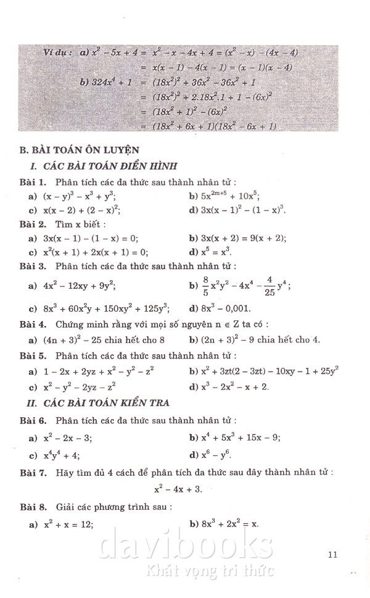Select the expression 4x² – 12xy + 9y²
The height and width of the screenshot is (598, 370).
(77, 286)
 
